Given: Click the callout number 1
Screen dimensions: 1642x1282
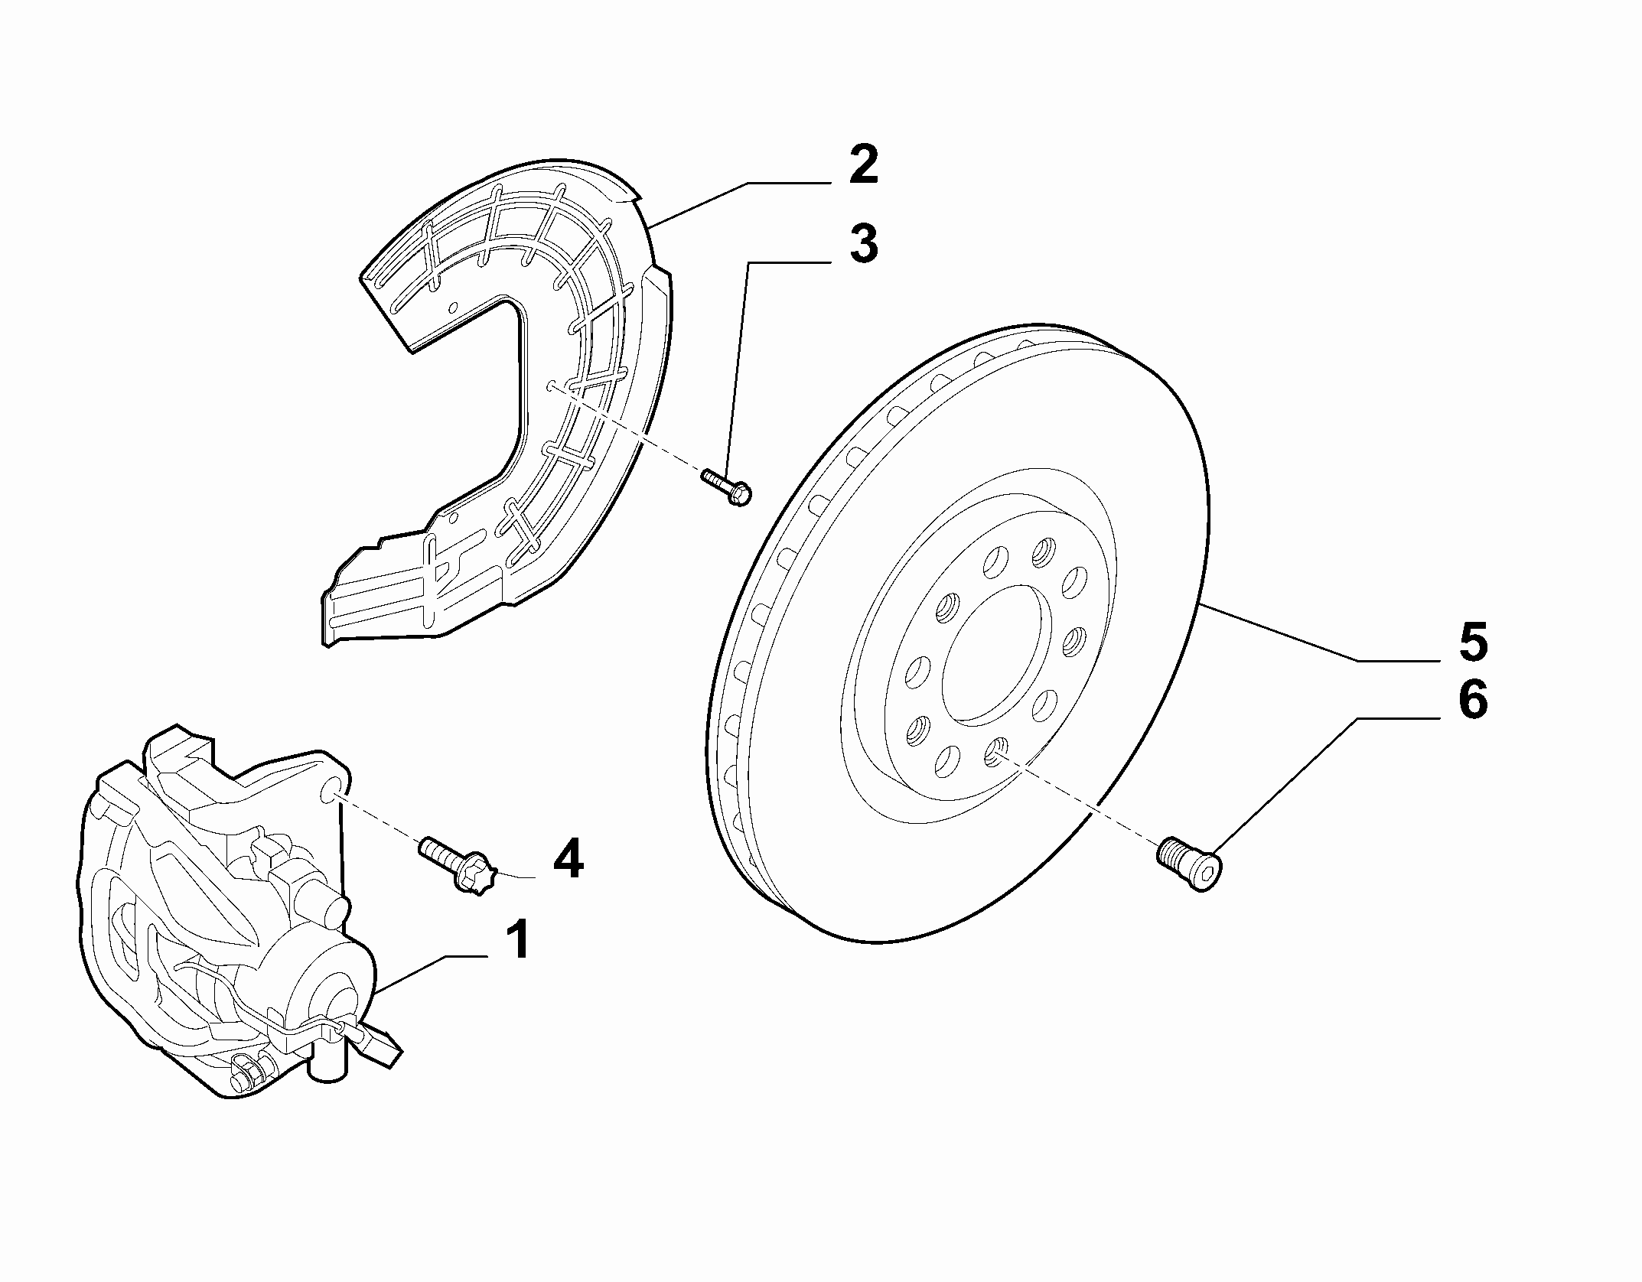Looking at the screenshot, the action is pos(518,940).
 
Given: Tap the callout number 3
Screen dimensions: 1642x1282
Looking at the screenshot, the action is pos(864,243).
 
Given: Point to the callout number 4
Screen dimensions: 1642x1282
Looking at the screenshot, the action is pos(568,860).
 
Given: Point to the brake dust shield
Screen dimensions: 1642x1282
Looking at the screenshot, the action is pos(497,398).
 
